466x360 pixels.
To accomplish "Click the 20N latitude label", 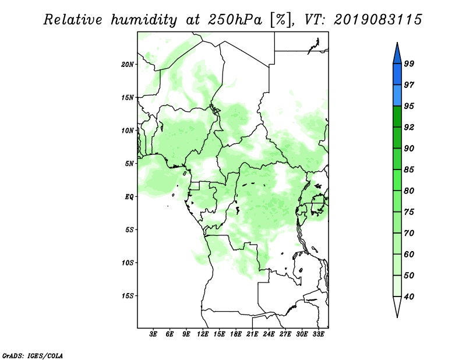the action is pyautogui.click(x=128, y=65).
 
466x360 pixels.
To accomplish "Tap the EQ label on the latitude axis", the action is pyautogui.click(x=129, y=197).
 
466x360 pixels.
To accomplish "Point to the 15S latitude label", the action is pyautogui.click(x=128, y=296).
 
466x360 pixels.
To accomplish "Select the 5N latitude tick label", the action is pyautogui.click(x=129, y=164).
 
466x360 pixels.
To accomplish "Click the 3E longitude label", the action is pyautogui.click(x=153, y=334).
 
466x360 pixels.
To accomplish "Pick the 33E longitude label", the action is pyautogui.click(x=318, y=334).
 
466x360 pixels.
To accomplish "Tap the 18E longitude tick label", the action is pyautogui.click(x=236, y=334).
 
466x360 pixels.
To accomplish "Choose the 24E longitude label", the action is pyautogui.click(x=269, y=334).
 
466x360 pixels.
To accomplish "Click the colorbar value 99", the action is pyautogui.click(x=409, y=63).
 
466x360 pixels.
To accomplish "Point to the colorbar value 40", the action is pyautogui.click(x=409, y=297).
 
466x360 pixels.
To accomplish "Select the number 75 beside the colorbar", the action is pyautogui.click(x=409, y=211).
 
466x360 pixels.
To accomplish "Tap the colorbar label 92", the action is pyautogui.click(x=409, y=127).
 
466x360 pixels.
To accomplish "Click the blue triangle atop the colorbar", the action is pyautogui.click(x=397, y=54).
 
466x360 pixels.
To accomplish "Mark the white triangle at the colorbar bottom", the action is pyautogui.click(x=397, y=306).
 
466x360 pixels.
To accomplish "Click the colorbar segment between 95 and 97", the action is pyautogui.click(x=397, y=96).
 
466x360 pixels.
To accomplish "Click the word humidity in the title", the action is pyautogui.click(x=144, y=20).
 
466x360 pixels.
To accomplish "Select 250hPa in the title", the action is pyautogui.click(x=235, y=20).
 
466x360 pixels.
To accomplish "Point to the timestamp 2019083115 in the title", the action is pyautogui.click(x=377, y=20).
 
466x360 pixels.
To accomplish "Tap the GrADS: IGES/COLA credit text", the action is pyautogui.click(x=33, y=356).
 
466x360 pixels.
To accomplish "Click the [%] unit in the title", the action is pyautogui.click(x=281, y=20).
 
